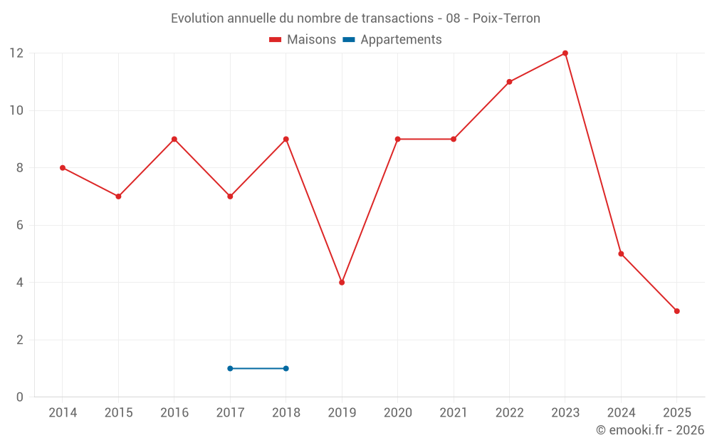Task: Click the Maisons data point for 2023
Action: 565,53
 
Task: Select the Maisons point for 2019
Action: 342,283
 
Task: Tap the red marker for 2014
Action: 63,168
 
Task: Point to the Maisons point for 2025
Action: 676,311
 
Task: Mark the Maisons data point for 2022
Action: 509,82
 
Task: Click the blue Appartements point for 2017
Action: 230,368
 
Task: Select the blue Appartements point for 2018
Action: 286,368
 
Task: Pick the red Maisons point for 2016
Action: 174,139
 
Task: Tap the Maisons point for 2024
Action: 621,253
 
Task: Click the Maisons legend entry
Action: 303,40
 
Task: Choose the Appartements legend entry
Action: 392,40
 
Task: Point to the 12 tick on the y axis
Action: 16,53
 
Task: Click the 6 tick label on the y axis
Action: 20,225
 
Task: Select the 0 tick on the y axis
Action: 20,397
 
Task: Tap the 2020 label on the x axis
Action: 397,413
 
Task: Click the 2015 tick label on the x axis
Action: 118,413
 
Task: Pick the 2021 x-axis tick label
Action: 454,413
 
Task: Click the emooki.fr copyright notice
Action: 650,430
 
